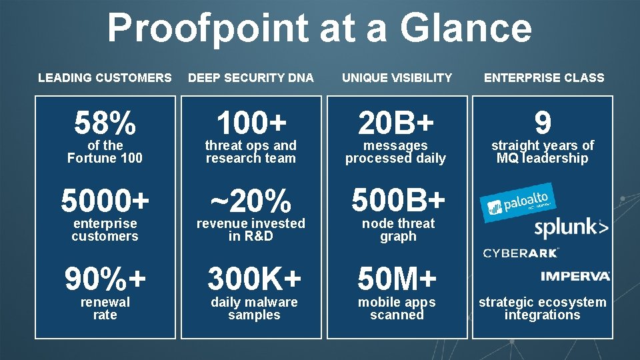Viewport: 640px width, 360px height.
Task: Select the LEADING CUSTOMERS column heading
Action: tap(105, 78)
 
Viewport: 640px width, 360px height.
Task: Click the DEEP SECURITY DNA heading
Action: tap(251, 78)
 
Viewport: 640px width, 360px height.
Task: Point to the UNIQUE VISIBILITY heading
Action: tap(397, 78)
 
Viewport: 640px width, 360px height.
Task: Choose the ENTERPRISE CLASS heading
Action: tap(544, 78)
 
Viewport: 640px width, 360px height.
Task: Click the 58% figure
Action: tap(105, 123)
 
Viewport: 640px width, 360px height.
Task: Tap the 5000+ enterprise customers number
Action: tap(105, 201)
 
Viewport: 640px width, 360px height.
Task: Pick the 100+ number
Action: tap(251, 123)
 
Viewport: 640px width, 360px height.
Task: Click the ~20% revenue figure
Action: tap(251, 201)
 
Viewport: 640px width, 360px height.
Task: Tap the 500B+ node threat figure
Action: tap(398, 201)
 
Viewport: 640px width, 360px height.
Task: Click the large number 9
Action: tap(543, 123)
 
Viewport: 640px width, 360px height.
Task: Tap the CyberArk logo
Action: tap(521, 253)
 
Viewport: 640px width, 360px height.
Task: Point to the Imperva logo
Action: tap(575, 276)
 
